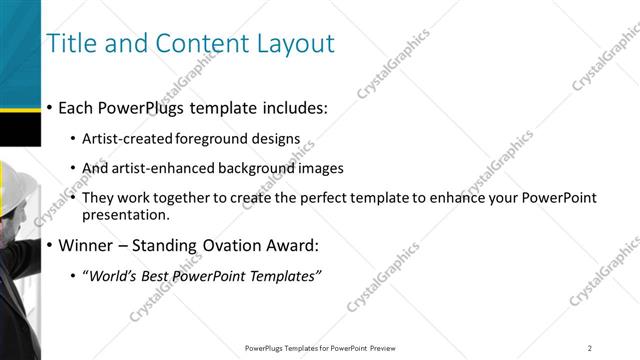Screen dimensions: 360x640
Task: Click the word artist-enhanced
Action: coord(172,168)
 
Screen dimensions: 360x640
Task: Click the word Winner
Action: coord(87,246)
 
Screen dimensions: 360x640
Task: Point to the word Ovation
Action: coord(236,246)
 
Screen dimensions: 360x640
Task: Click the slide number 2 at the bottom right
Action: coord(590,348)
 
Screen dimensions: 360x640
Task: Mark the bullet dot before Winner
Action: coord(50,246)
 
